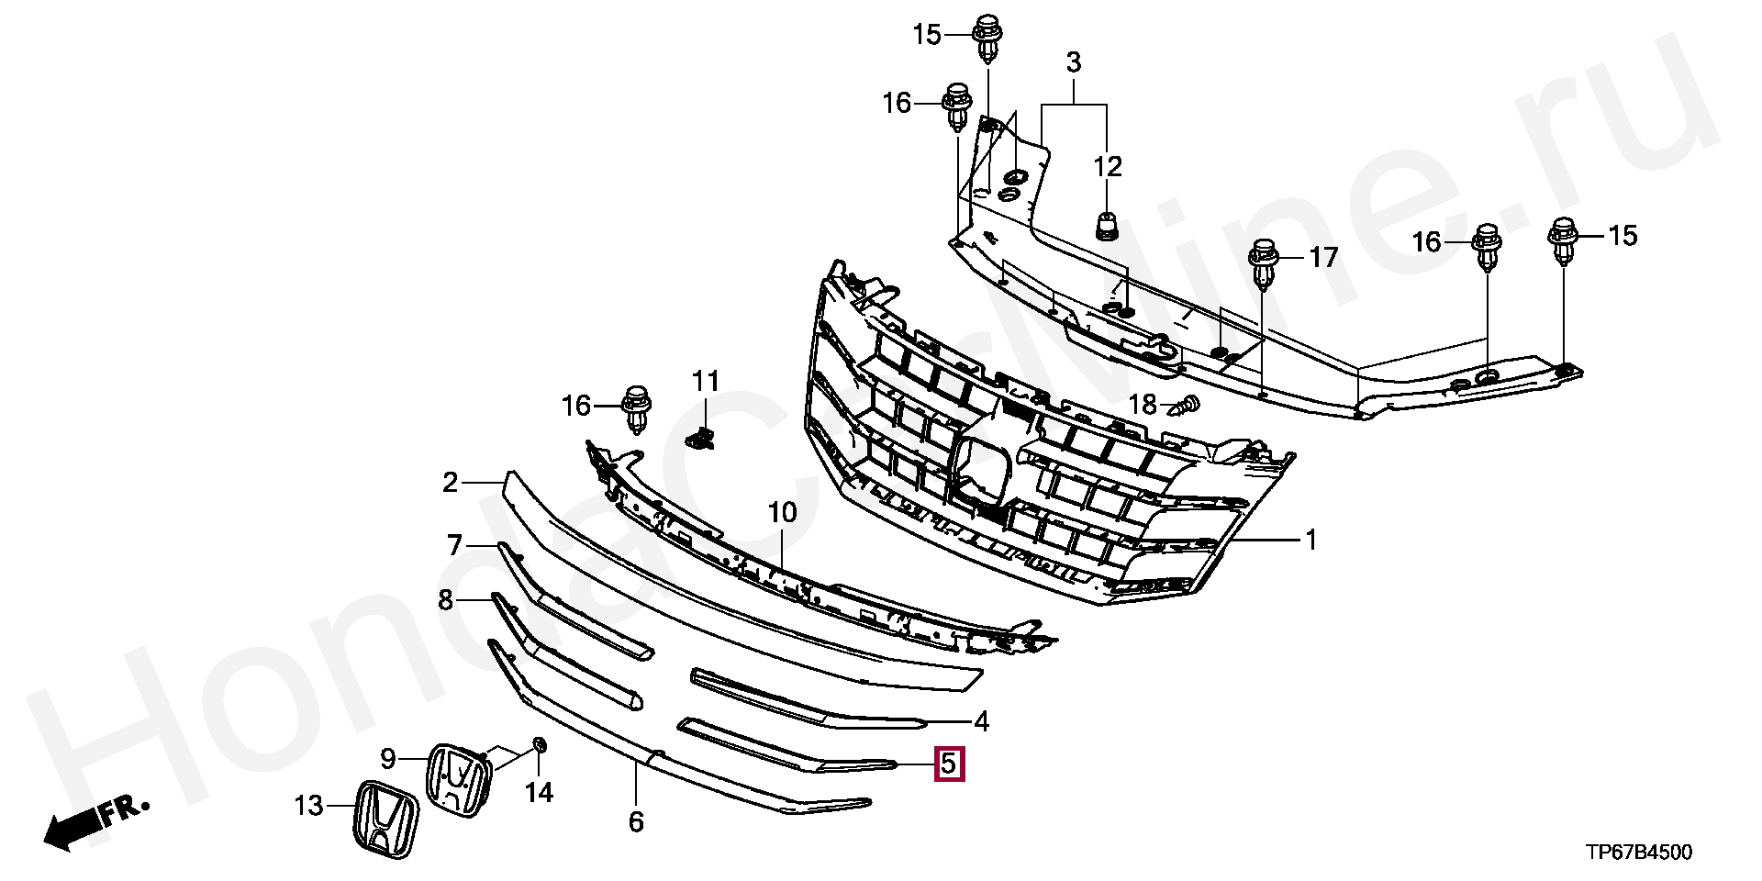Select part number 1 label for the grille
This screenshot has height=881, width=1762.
click(x=1311, y=541)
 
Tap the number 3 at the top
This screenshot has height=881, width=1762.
click(x=1073, y=63)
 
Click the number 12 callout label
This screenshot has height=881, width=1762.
click(x=1108, y=167)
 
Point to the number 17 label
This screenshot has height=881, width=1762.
click(x=1323, y=258)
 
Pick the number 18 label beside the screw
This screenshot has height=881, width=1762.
click(x=1143, y=405)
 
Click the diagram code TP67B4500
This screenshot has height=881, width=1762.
click(x=1640, y=853)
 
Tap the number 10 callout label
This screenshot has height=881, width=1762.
click(x=783, y=513)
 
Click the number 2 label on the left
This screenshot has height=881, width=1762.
click(x=450, y=483)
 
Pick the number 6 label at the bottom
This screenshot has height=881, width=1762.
click(x=636, y=821)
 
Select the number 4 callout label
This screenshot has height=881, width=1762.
click(x=981, y=722)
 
